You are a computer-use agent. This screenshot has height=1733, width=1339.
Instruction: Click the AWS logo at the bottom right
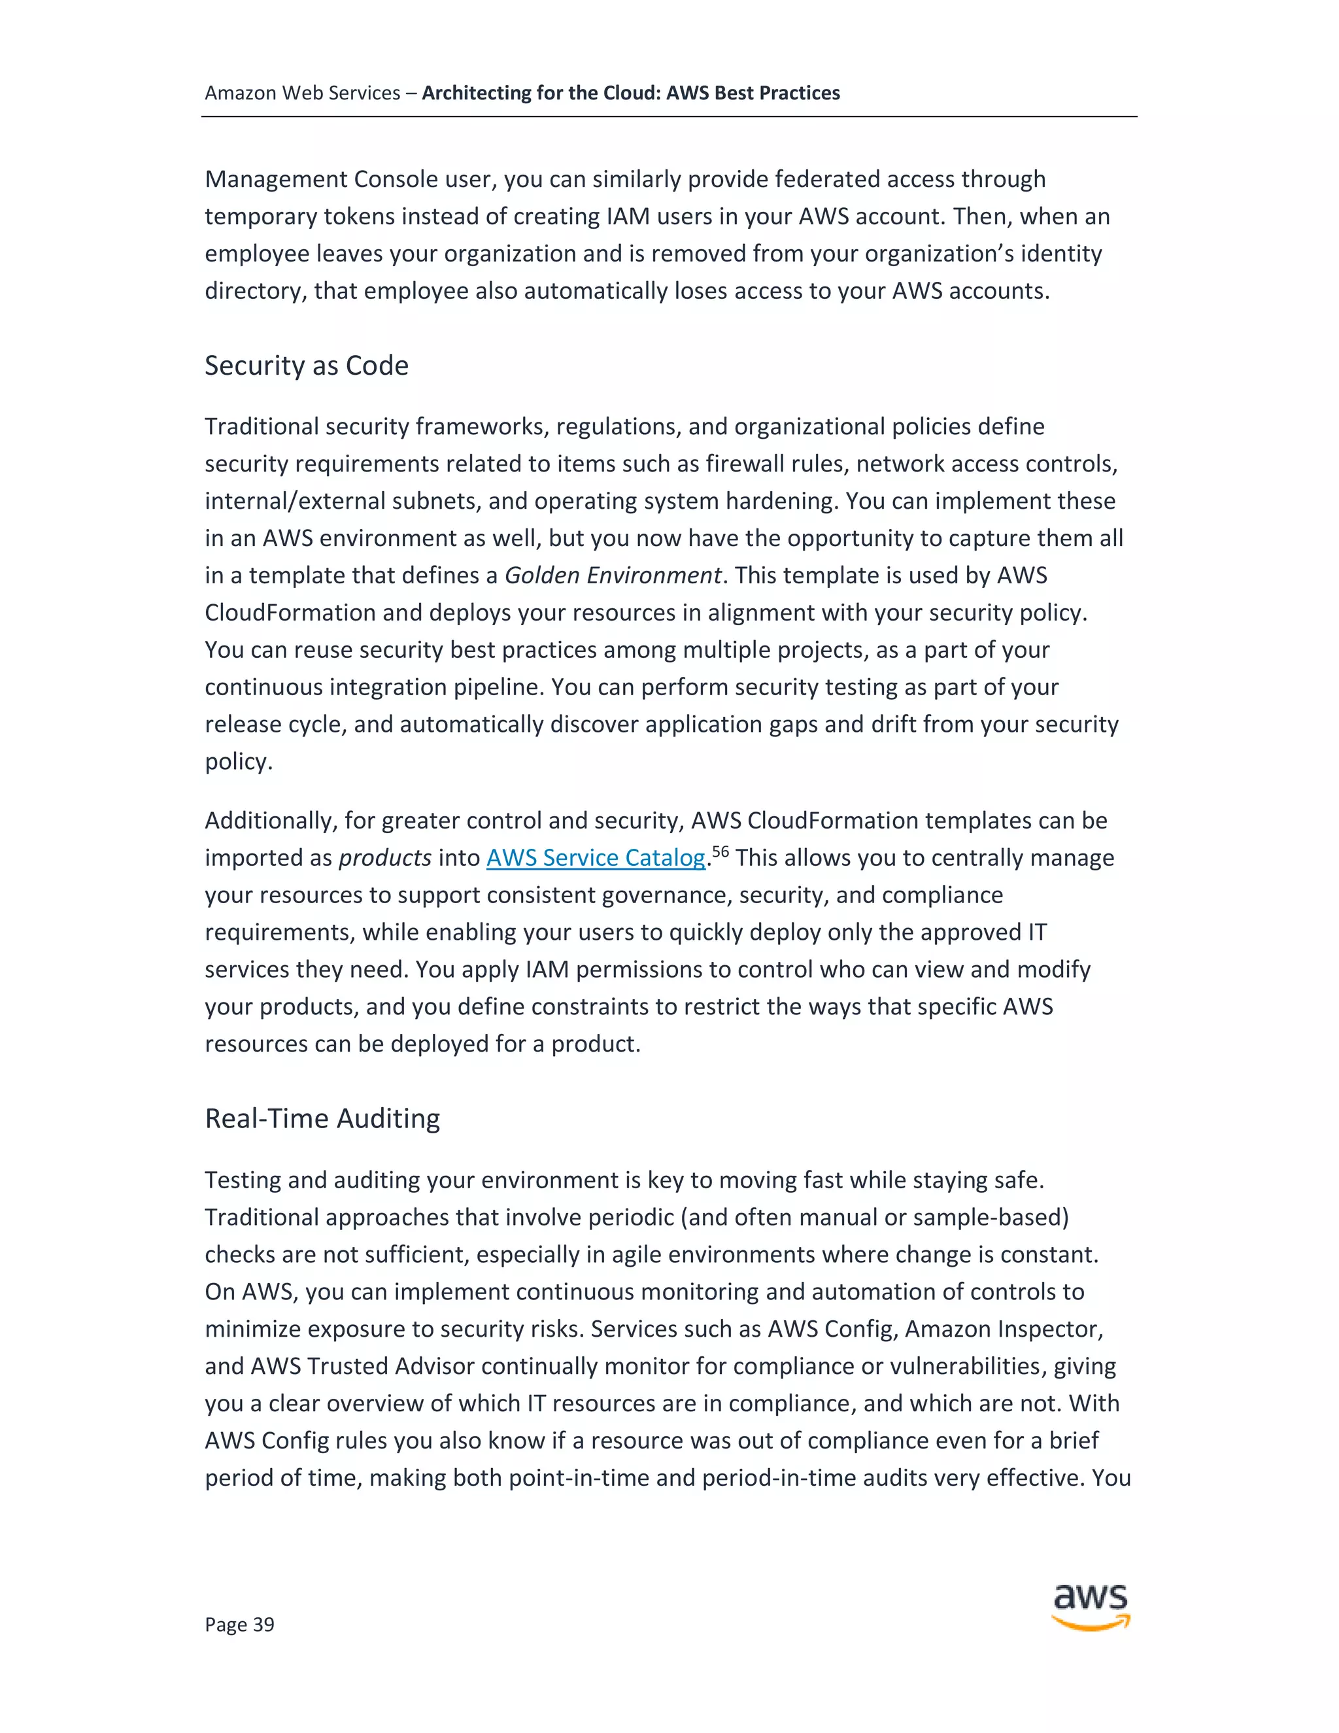(x=1091, y=1607)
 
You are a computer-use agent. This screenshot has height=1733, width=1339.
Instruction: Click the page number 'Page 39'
(x=239, y=1624)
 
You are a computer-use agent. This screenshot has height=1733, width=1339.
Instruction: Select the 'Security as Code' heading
(x=306, y=365)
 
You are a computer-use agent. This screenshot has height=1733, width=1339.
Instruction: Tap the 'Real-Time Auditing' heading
(x=322, y=1118)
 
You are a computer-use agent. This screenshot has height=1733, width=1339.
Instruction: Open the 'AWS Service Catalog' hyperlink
(x=596, y=858)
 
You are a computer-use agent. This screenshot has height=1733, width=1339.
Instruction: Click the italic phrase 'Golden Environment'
(x=613, y=575)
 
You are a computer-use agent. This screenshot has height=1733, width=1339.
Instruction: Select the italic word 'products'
(x=384, y=858)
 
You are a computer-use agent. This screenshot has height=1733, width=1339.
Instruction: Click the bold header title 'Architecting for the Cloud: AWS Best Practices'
(x=631, y=93)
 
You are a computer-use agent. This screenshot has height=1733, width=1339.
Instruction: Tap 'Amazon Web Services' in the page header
(x=302, y=93)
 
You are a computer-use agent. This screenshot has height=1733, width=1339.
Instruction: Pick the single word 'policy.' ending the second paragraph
(x=238, y=762)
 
